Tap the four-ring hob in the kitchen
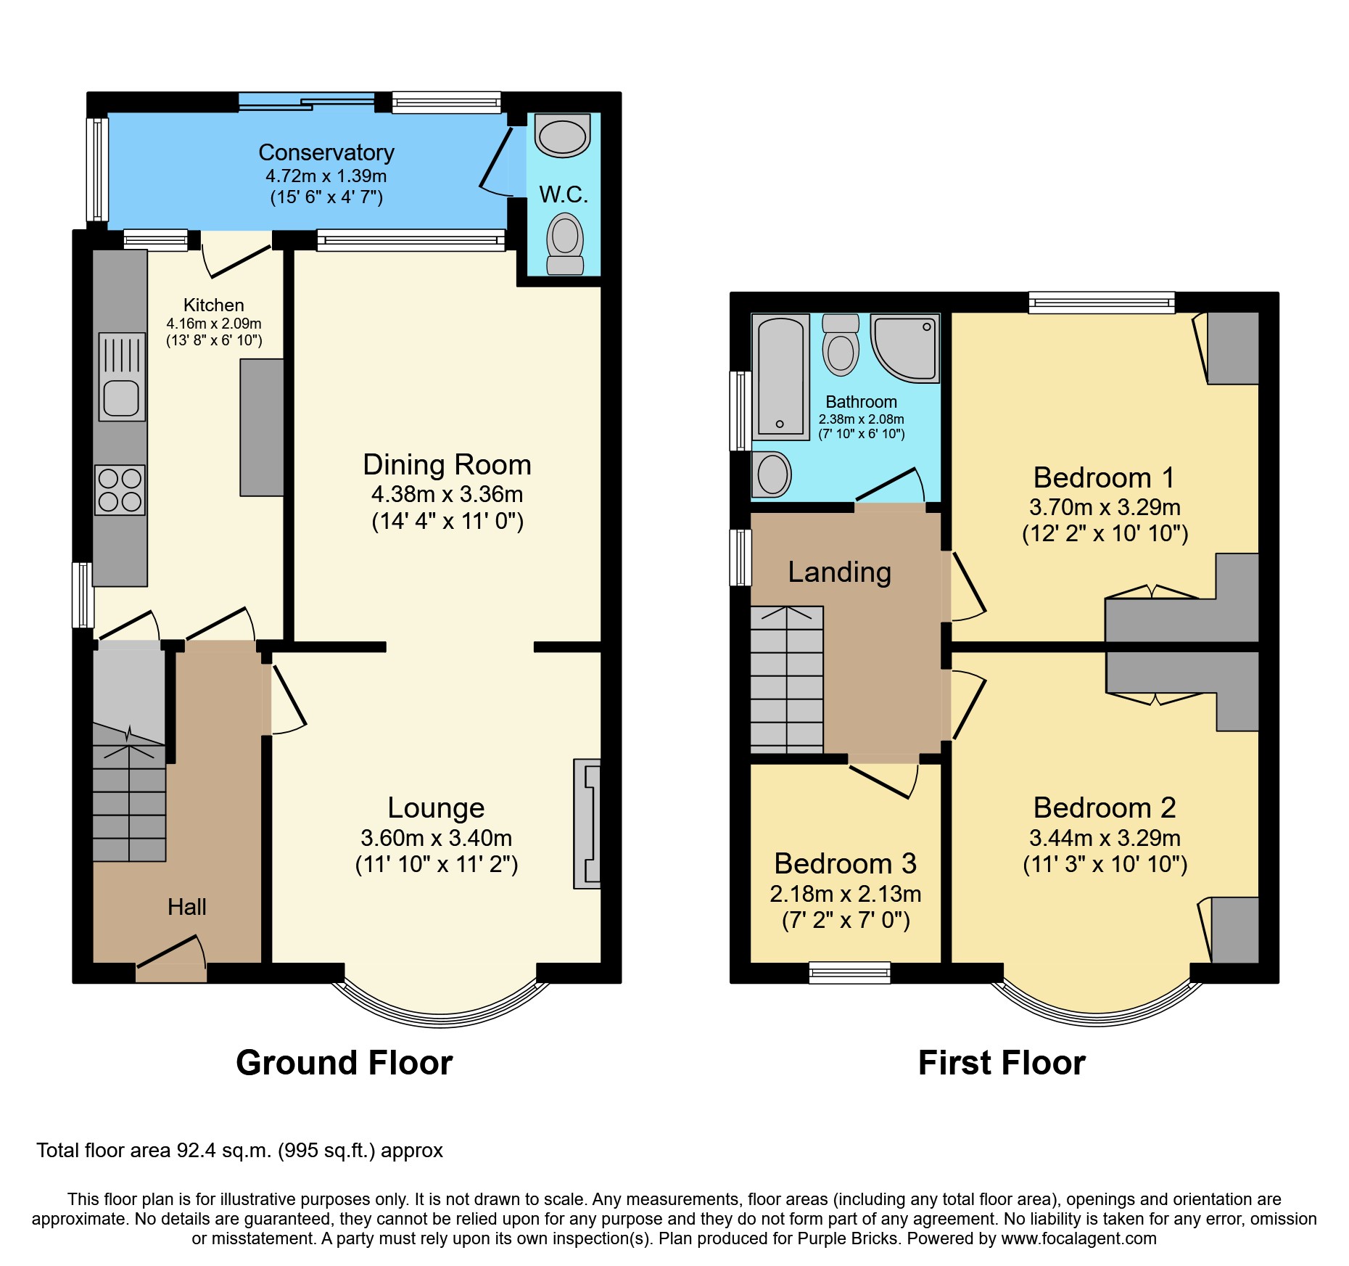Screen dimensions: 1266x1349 pyautogui.click(x=120, y=490)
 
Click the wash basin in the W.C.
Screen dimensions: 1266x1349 pyautogui.click(x=562, y=136)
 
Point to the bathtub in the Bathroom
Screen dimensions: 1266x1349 pyautogui.click(x=780, y=377)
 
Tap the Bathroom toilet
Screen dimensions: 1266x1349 pyautogui.click(x=841, y=346)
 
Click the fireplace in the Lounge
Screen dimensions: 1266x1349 pyautogui.click(x=588, y=823)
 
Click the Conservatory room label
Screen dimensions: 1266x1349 pyautogui.click(x=326, y=152)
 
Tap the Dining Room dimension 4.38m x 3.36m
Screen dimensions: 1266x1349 pyautogui.click(x=447, y=494)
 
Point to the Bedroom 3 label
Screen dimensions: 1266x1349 pyautogui.click(x=845, y=863)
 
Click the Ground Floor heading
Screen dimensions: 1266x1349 pyautogui.click(x=344, y=1063)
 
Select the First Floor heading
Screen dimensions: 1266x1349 pyautogui.click(x=1001, y=1063)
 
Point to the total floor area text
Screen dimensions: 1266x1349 pyautogui.click(x=239, y=1151)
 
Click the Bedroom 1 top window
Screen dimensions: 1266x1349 pyautogui.click(x=1101, y=302)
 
